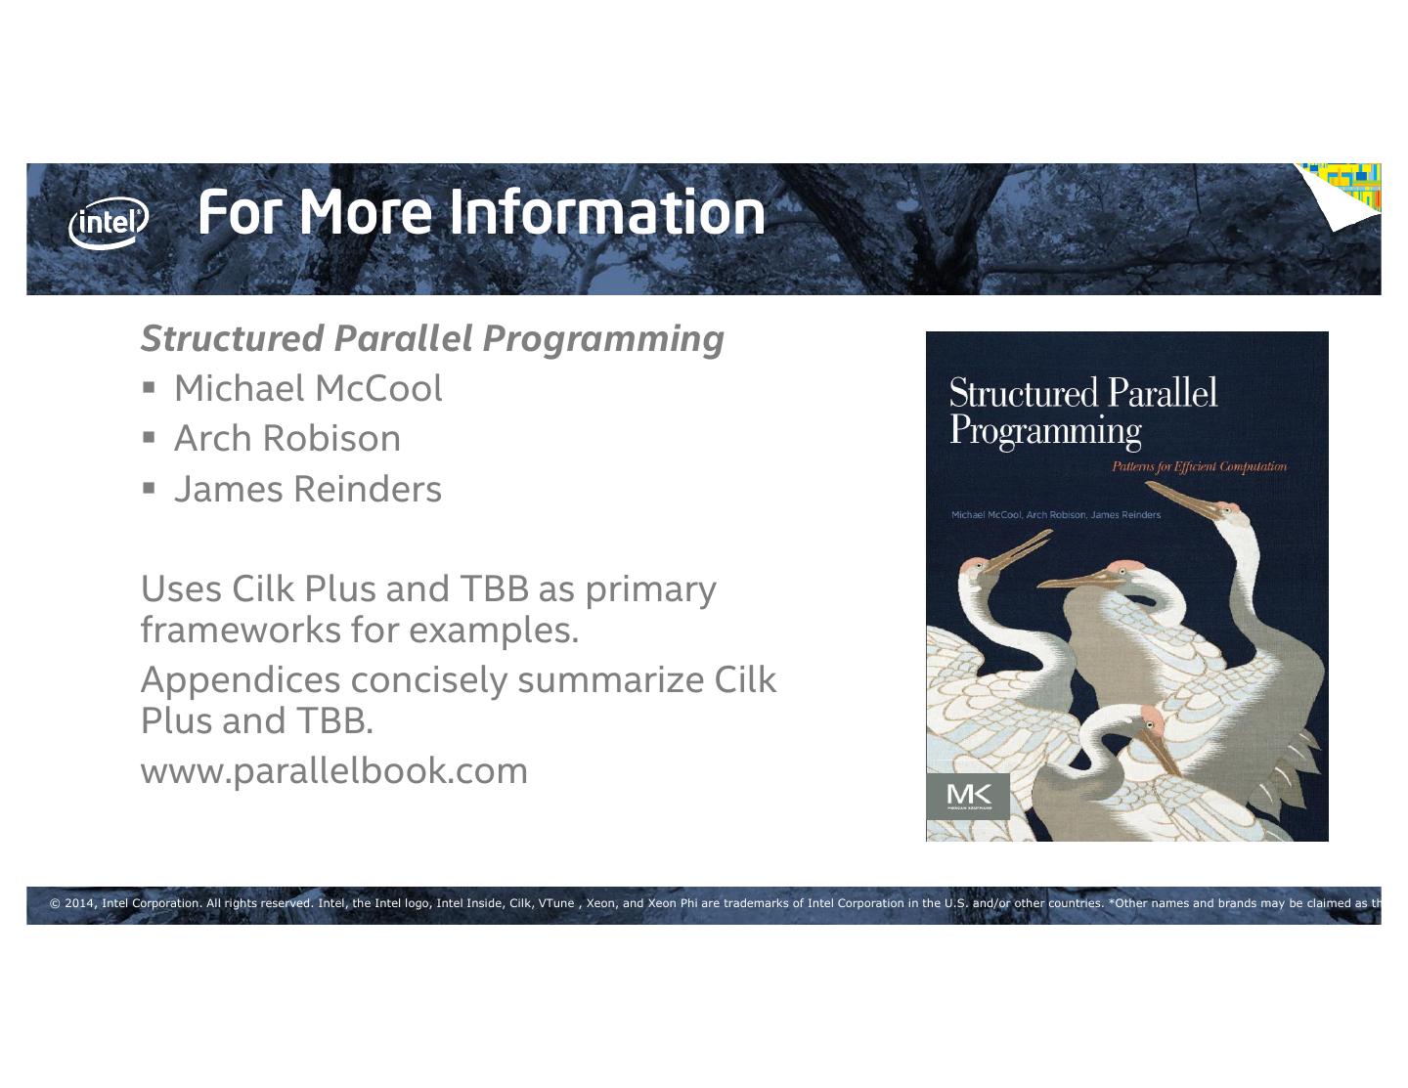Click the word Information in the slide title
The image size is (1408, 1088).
[x=607, y=212]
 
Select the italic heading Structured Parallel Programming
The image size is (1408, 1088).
[x=432, y=338]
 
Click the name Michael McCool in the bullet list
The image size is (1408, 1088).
[x=308, y=389]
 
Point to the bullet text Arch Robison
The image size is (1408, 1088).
[x=287, y=439]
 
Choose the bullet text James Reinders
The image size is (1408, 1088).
[x=308, y=489]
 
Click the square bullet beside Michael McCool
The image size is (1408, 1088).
[x=149, y=387]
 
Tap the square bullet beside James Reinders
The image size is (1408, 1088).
[x=149, y=487]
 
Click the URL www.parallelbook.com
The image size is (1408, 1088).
[x=334, y=770]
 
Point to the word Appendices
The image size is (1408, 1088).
[x=241, y=679]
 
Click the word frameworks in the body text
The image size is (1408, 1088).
[x=241, y=631]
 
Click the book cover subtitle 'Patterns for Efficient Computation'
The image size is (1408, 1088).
[x=1199, y=466]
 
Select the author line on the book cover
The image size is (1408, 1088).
[x=1056, y=515]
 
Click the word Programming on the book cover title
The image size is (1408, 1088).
[x=1045, y=431]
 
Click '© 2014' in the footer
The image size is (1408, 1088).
[x=73, y=903]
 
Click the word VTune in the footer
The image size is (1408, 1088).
[x=555, y=903]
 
